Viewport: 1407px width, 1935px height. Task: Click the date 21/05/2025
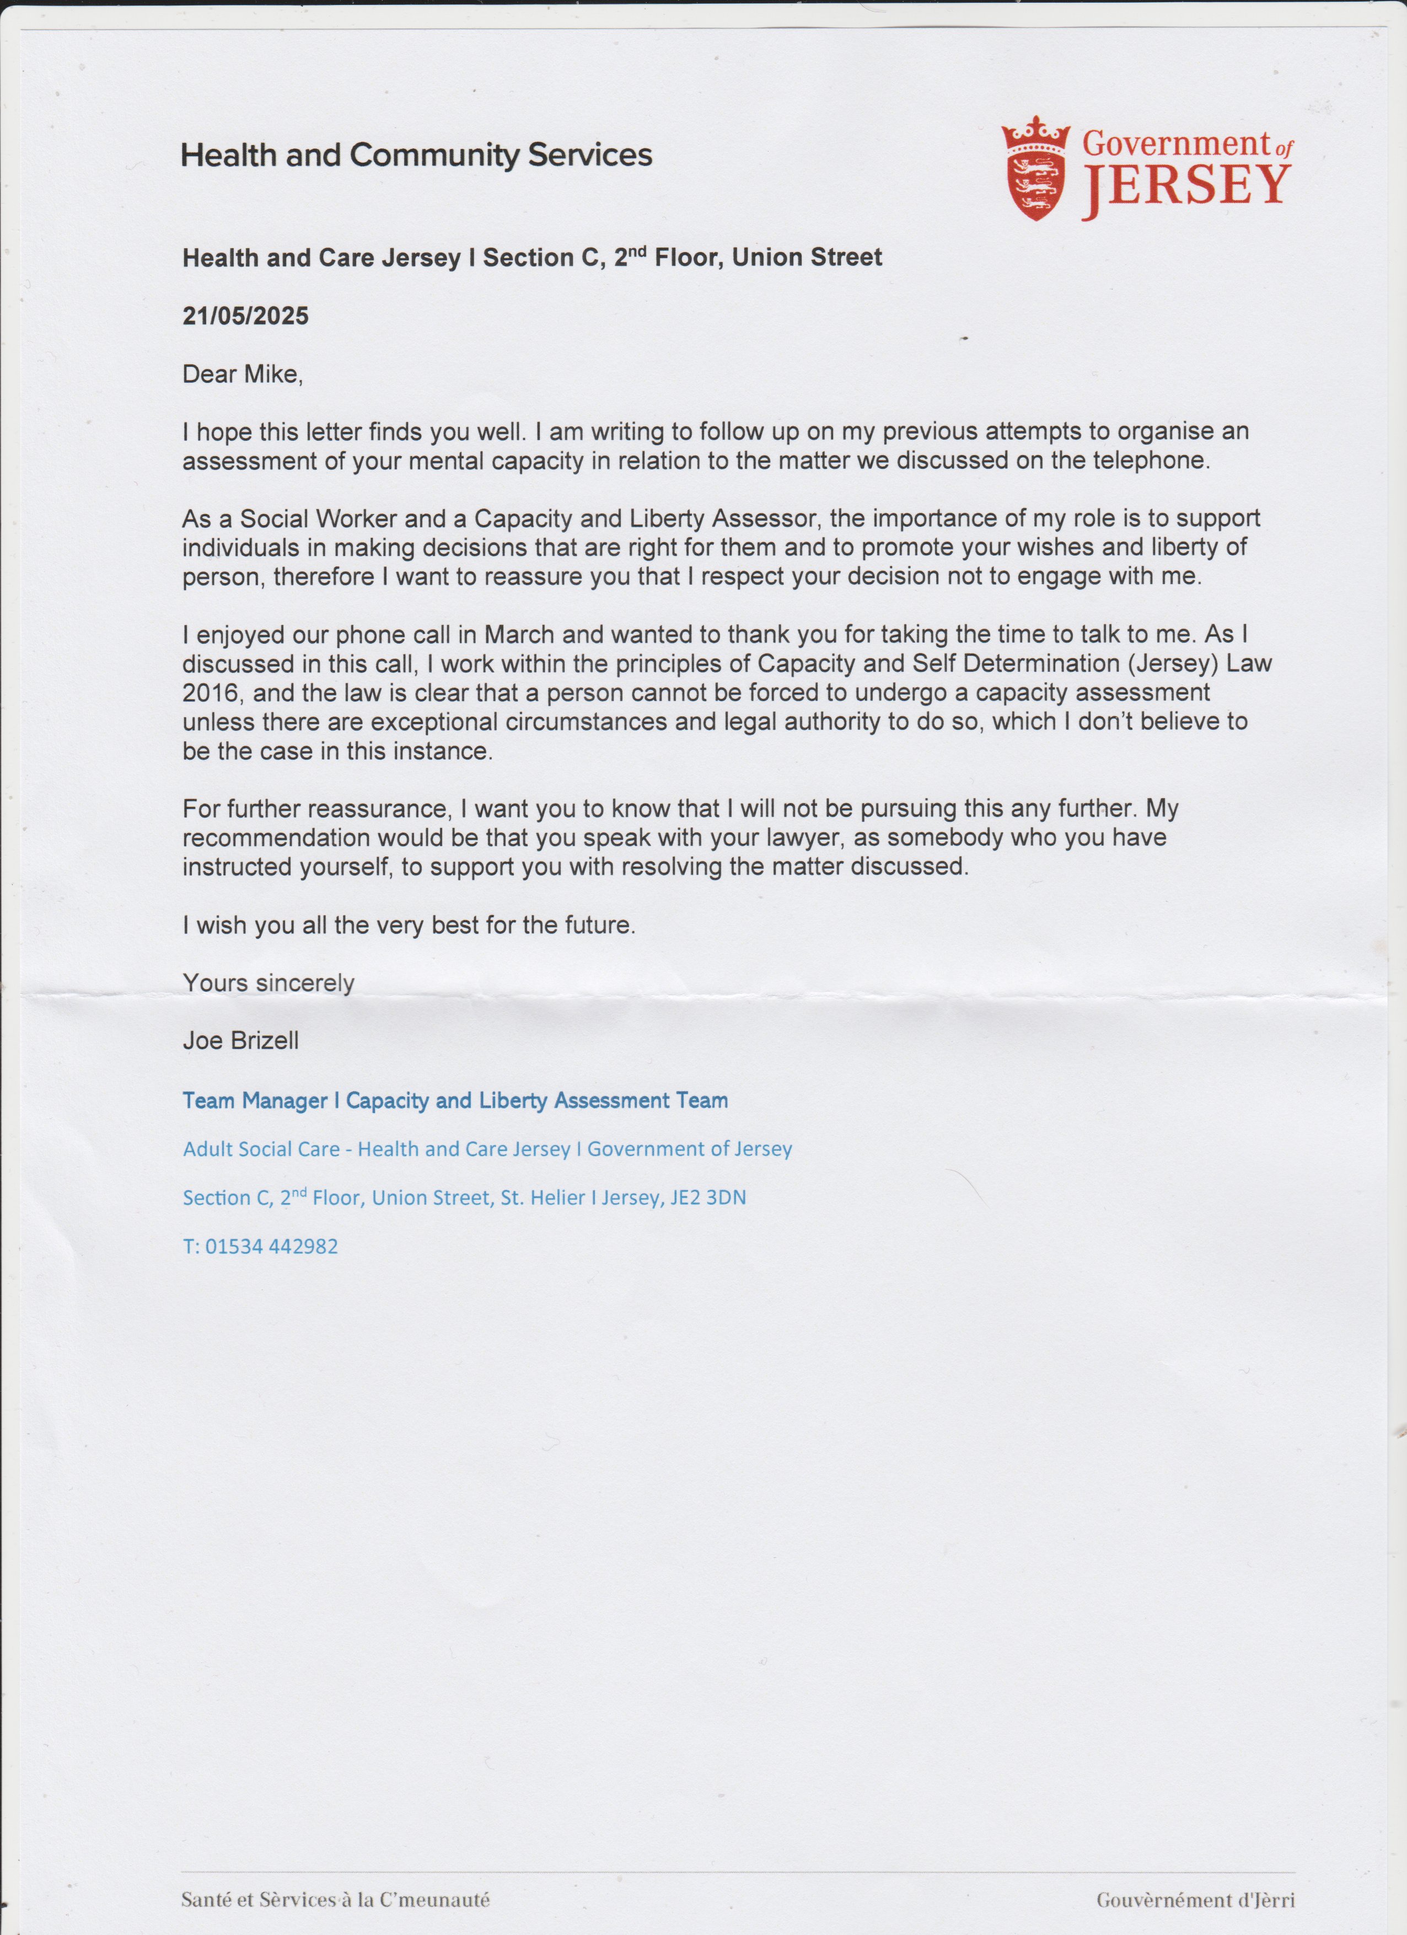[x=245, y=317]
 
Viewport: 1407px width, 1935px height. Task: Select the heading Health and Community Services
[x=416, y=156]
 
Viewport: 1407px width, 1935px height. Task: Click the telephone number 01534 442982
[x=271, y=1247]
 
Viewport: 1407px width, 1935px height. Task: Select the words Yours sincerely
[x=268, y=983]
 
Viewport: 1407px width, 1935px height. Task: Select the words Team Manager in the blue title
[x=255, y=1100]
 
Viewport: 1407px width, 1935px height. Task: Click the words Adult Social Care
[x=261, y=1149]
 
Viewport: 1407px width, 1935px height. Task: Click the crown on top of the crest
[x=1035, y=133]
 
